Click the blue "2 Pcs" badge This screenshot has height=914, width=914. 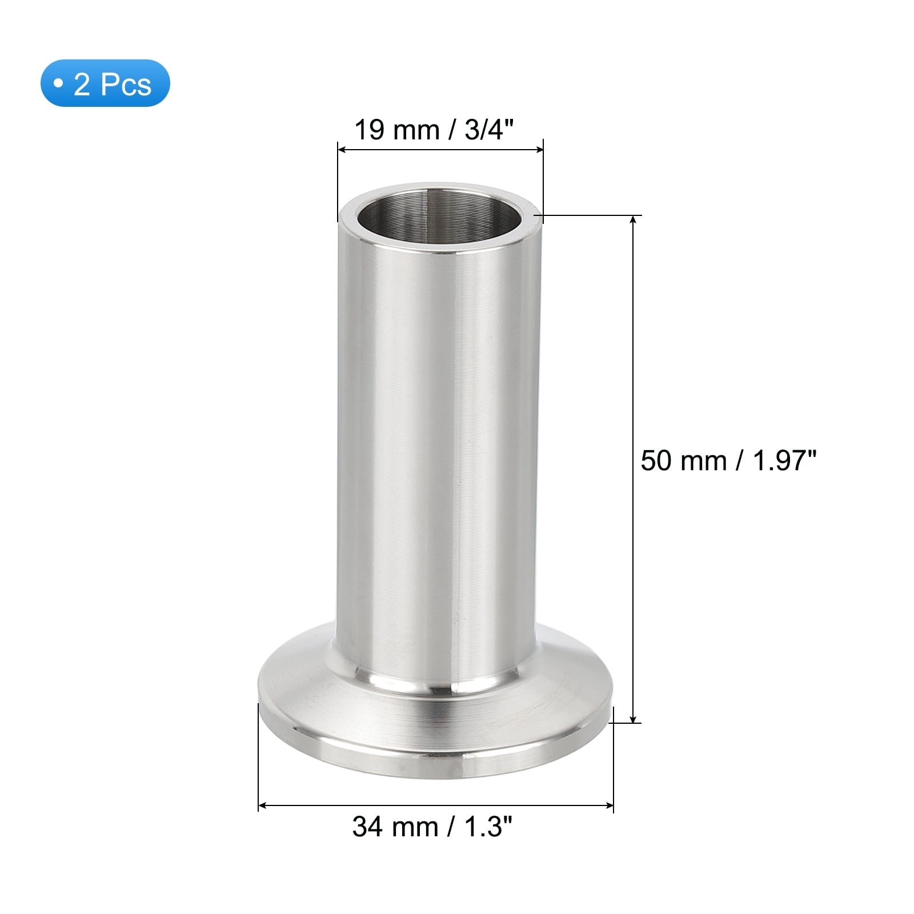pos(105,83)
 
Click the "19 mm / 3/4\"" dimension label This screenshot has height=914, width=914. pos(435,130)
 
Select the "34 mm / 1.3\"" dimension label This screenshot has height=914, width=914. pos(432,826)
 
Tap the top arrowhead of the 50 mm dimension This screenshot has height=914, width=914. pos(632,221)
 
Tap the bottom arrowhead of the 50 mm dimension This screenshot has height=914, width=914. pos(632,717)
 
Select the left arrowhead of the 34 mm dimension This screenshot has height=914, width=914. pos(263,806)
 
